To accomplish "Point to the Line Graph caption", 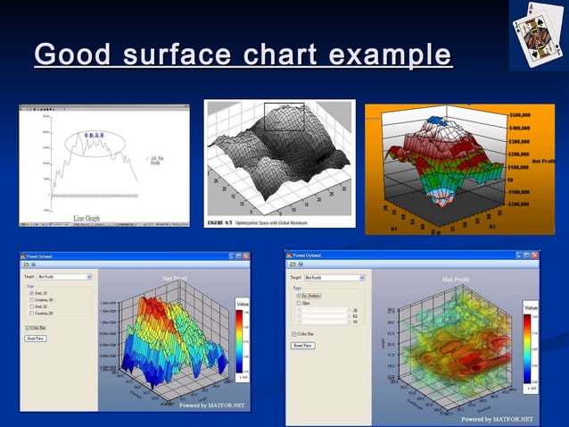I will [x=92, y=217].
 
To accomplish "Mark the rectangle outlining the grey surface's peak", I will [x=284, y=117].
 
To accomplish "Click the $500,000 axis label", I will [x=524, y=115].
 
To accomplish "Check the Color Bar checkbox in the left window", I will [x=28, y=327].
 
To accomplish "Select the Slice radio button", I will [x=299, y=303].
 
